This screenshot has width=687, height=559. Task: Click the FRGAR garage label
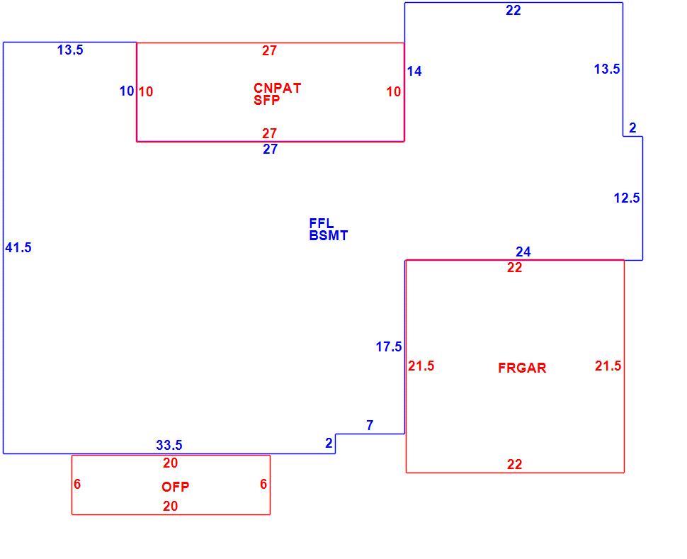[x=522, y=368]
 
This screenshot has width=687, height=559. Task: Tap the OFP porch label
[x=175, y=487]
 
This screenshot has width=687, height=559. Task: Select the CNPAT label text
[x=278, y=88]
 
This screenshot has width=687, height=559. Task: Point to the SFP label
[x=267, y=100]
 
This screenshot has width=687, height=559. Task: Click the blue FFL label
[x=322, y=223]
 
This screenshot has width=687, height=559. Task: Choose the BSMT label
[x=329, y=235]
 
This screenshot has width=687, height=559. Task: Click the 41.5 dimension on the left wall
[x=18, y=248]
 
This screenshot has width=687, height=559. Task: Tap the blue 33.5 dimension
[x=169, y=445]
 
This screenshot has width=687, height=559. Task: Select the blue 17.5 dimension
[x=389, y=346]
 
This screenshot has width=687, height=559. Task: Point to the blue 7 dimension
[x=370, y=425]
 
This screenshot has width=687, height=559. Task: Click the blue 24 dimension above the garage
[x=523, y=252]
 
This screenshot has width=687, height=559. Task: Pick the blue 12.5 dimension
[x=627, y=198]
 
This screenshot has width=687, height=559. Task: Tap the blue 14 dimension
[x=414, y=71]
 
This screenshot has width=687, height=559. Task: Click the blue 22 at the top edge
[x=513, y=10]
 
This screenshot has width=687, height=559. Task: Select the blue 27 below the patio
[x=270, y=149]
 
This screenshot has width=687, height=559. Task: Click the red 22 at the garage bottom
[x=514, y=464]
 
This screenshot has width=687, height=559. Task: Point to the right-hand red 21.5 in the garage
[x=608, y=366]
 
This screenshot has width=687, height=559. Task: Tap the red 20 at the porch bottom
[x=171, y=506]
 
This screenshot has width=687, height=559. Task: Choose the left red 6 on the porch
[x=77, y=484]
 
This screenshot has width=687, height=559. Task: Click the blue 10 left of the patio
[x=127, y=91]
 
